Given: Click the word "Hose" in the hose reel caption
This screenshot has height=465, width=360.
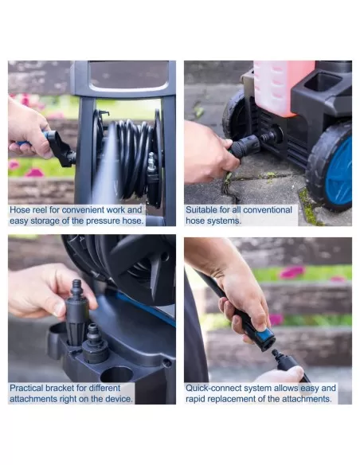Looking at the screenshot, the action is (20, 210).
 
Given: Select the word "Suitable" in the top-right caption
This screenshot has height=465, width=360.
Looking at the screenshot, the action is (202, 210).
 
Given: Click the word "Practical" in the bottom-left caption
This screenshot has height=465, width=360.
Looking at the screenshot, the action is (26, 388).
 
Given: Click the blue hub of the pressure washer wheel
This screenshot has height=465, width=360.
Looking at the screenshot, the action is (340, 172).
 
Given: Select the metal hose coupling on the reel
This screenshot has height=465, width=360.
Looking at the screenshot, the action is (151, 162).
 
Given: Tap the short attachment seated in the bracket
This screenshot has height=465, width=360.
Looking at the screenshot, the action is (94, 344).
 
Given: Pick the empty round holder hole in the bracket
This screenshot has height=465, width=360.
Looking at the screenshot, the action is (116, 375).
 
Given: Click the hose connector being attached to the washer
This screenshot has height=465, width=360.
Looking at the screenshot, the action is (245, 147).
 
